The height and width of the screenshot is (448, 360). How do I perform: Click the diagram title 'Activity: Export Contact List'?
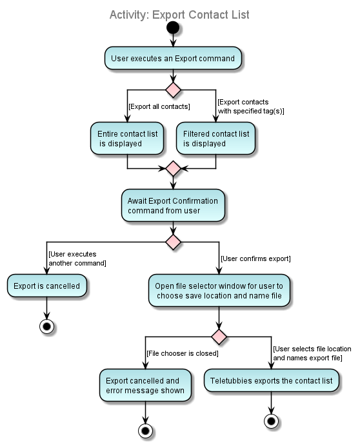pos(179,15)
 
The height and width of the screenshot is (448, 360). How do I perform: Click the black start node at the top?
pos(173,28)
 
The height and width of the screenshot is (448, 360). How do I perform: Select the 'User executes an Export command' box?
pos(173,58)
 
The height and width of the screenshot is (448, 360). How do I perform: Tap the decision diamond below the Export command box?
pos(173,90)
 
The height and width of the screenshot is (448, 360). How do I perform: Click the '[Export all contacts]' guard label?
pos(159,106)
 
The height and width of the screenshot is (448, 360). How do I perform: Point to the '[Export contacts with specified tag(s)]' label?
pos(250,106)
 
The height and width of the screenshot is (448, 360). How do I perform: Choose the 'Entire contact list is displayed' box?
pos(127,139)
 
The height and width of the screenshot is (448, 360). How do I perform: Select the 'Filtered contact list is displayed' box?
pos(215,139)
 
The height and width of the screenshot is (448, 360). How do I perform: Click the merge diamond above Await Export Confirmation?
pos(173,169)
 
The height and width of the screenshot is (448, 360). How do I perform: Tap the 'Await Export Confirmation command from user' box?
pos(173,206)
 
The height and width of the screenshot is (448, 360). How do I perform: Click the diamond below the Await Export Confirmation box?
pos(173,242)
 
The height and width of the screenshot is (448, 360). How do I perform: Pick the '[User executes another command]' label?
pos(77,258)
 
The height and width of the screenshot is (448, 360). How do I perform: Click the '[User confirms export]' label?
pos(255,258)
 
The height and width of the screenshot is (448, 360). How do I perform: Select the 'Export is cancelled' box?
pos(46,286)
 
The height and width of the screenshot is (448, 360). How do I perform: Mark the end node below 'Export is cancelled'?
pos(46,327)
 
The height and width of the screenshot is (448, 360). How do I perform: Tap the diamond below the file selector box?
pos(219,336)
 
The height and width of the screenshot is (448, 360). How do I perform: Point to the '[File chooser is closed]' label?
pos(182,353)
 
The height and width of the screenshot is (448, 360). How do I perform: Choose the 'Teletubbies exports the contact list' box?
pos(271,381)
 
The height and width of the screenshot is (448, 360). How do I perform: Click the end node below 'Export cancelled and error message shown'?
pos(145,431)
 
